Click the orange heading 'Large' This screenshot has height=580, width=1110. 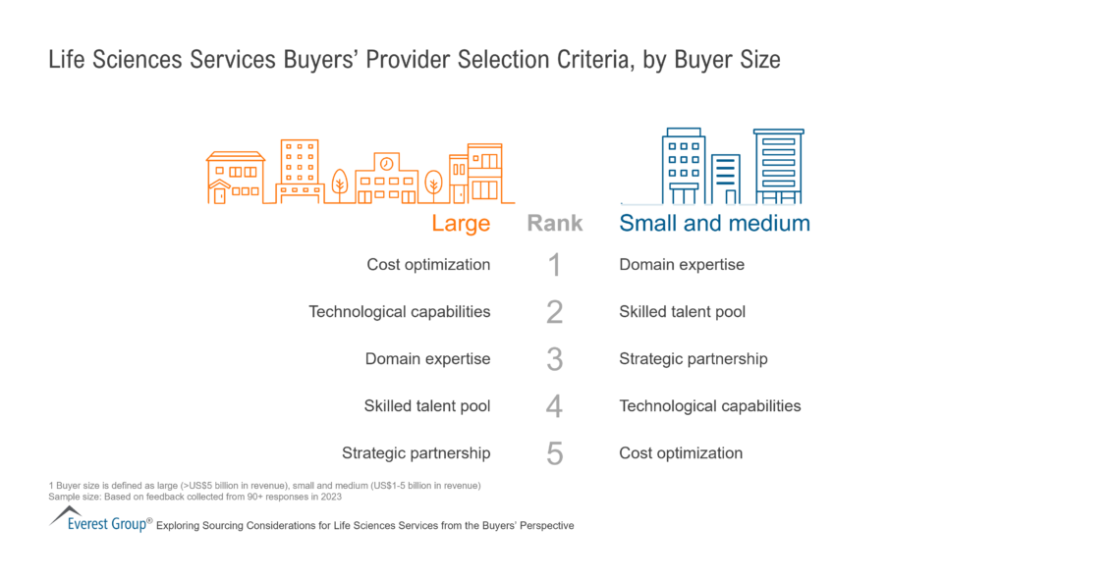pos(461,223)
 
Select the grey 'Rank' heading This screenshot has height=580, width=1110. pos(555,223)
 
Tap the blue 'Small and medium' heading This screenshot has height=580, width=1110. pos(714,223)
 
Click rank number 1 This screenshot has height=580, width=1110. pos(554,265)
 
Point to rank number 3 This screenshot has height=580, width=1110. pos(554,359)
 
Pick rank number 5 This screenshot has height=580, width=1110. pos(554,453)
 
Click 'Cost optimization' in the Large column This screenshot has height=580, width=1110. pos(428,265)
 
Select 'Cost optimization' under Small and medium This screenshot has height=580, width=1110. pos(681,453)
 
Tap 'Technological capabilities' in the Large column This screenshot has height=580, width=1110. pos(399,312)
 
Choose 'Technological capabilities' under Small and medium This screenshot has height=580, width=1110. pos(710,406)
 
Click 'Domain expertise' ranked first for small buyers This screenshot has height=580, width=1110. pos(682,265)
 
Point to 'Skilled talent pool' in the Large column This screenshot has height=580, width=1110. pos(427,406)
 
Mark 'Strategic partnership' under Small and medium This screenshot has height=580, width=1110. pos(694,359)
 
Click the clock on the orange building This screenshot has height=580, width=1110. pos(386,164)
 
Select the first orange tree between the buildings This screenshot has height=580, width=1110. pos(340,184)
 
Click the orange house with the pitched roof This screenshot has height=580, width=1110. pos(235,178)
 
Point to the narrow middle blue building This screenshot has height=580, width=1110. pos(726,179)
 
